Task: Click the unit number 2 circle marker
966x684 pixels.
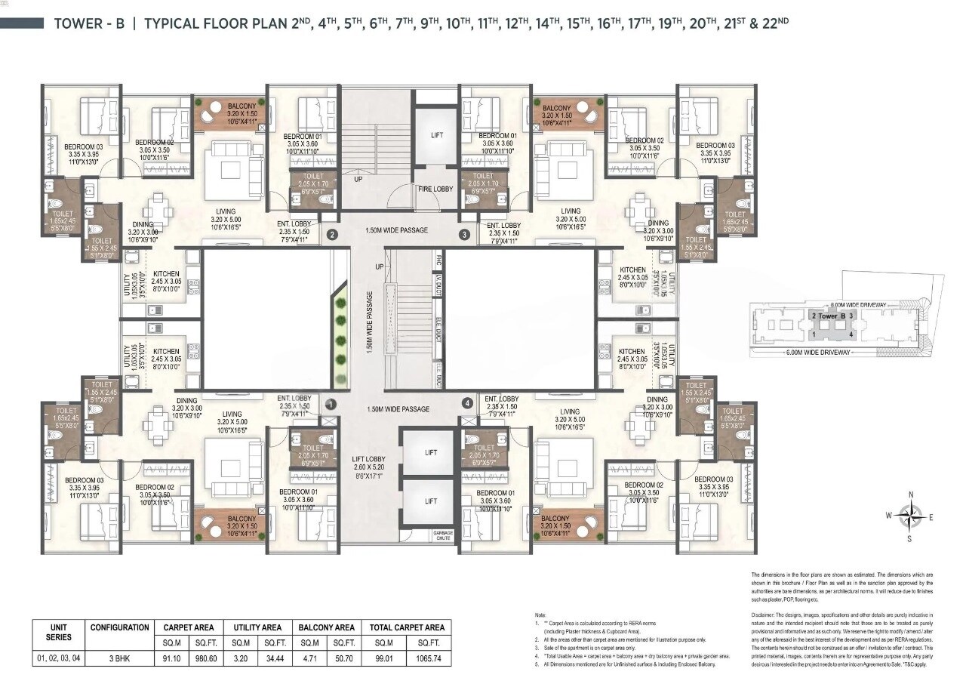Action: pyautogui.click(x=331, y=235)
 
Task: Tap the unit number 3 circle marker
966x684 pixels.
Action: pyautogui.click(x=463, y=235)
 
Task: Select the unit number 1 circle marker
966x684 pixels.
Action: pyautogui.click(x=329, y=404)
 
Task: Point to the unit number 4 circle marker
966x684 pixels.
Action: pyautogui.click(x=468, y=404)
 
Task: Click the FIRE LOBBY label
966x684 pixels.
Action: pyautogui.click(x=435, y=189)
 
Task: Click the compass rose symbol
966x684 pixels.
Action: pyautogui.click(x=911, y=516)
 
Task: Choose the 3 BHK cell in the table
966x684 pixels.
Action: pyautogui.click(x=119, y=658)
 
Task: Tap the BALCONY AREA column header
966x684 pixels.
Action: pyautogui.click(x=326, y=627)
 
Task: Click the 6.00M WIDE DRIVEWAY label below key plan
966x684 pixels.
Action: pyautogui.click(x=818, y=353)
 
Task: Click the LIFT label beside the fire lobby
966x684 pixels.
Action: pyautogui.click(x=436, y=136)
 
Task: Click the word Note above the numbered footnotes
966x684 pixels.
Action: pyautogui.click(x=539, y=616)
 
